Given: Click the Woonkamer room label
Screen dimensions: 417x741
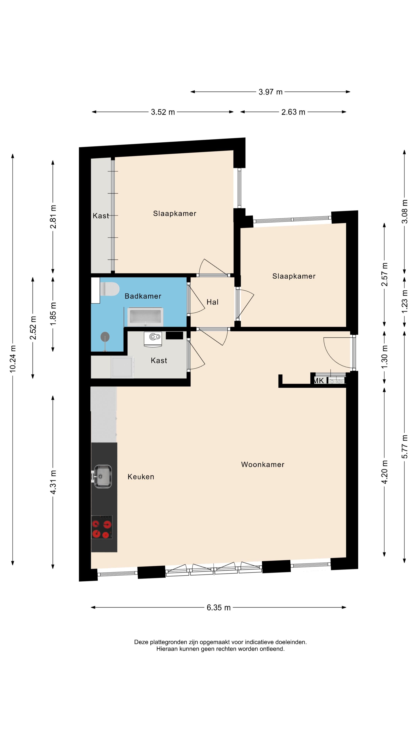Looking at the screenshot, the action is click(263, 464).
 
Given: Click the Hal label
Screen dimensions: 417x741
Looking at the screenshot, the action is click(212, 302).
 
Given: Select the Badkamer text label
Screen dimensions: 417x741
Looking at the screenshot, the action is click(143, 296).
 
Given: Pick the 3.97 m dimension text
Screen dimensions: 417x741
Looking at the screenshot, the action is click(270, 92).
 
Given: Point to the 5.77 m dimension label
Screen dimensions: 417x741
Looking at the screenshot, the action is click(405, 447).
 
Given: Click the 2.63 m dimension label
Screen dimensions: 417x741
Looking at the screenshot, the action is click(293, 112).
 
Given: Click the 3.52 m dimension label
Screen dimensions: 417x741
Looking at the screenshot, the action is click(163, 112).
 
